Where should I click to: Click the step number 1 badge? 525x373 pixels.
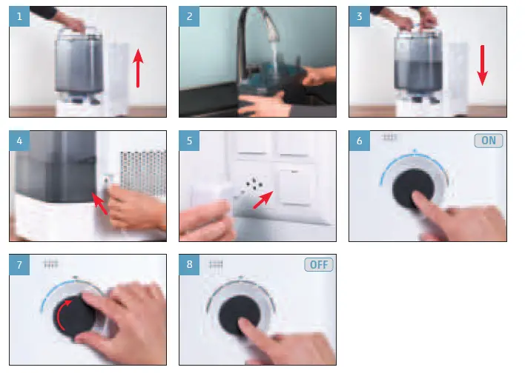click(x=19, y=16)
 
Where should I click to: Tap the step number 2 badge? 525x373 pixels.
click(x=189, y=16)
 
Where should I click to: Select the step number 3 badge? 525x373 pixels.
click(x=359, y=16)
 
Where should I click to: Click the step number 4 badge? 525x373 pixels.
click(x=19, y=141)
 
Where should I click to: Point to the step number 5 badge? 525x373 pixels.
click(x=189, y=141)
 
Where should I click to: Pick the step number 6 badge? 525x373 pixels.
click(x=359, y=141)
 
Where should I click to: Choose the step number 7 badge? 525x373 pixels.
click(x=19, y=265)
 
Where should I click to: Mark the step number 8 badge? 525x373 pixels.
click(x=189, y=265)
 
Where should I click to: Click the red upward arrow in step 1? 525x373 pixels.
click(x=138, y=68)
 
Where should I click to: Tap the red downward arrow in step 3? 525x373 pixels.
click(x=483, y=66)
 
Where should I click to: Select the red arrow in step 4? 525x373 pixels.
click(x=99, y=204)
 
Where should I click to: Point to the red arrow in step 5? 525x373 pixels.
click(x=263, y=200)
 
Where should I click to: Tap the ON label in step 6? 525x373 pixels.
click(x=489, y=141)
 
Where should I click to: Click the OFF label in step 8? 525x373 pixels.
click(x=319, y=265)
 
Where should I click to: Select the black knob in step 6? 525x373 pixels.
click(x=413, y=189)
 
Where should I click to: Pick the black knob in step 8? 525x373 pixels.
click(x=240, y=316)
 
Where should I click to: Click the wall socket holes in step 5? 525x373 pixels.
click(x=254, y=184)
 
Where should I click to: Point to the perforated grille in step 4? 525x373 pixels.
click(x=143, y=173)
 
